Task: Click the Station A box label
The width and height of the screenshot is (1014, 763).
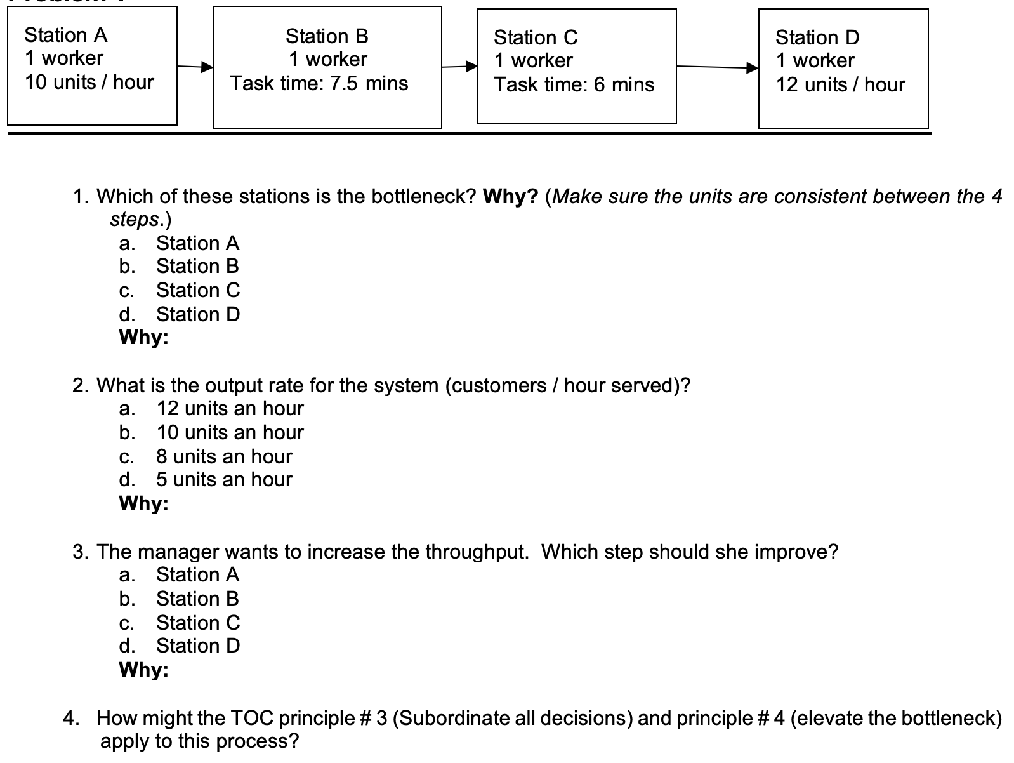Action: click(66, 35)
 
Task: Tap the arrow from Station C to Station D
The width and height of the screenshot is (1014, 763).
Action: click(717, 67)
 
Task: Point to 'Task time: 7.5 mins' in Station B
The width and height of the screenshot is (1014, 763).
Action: click(319, 83)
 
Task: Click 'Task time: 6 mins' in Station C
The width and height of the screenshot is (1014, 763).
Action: click(574, 84)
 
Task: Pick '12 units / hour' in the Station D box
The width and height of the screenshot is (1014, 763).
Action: click(840, 84)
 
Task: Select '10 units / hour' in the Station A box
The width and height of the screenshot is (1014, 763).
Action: click(89, 82)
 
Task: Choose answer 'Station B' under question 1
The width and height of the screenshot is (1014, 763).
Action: click(197, 266)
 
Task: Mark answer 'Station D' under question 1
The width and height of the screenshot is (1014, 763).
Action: click(198, 314)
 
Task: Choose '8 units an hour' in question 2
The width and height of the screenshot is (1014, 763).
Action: click(224, 456)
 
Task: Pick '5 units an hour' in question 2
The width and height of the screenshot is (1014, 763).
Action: click(224, 479)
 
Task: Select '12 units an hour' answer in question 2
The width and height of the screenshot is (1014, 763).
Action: click(230, 408)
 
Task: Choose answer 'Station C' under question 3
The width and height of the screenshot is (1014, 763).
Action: click(198, 623)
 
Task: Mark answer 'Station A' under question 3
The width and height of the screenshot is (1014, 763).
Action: click(197, 574)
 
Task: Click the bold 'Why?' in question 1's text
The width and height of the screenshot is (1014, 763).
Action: click(510, 196)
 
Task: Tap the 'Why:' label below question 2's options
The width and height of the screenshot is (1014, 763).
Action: click(144, 503)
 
